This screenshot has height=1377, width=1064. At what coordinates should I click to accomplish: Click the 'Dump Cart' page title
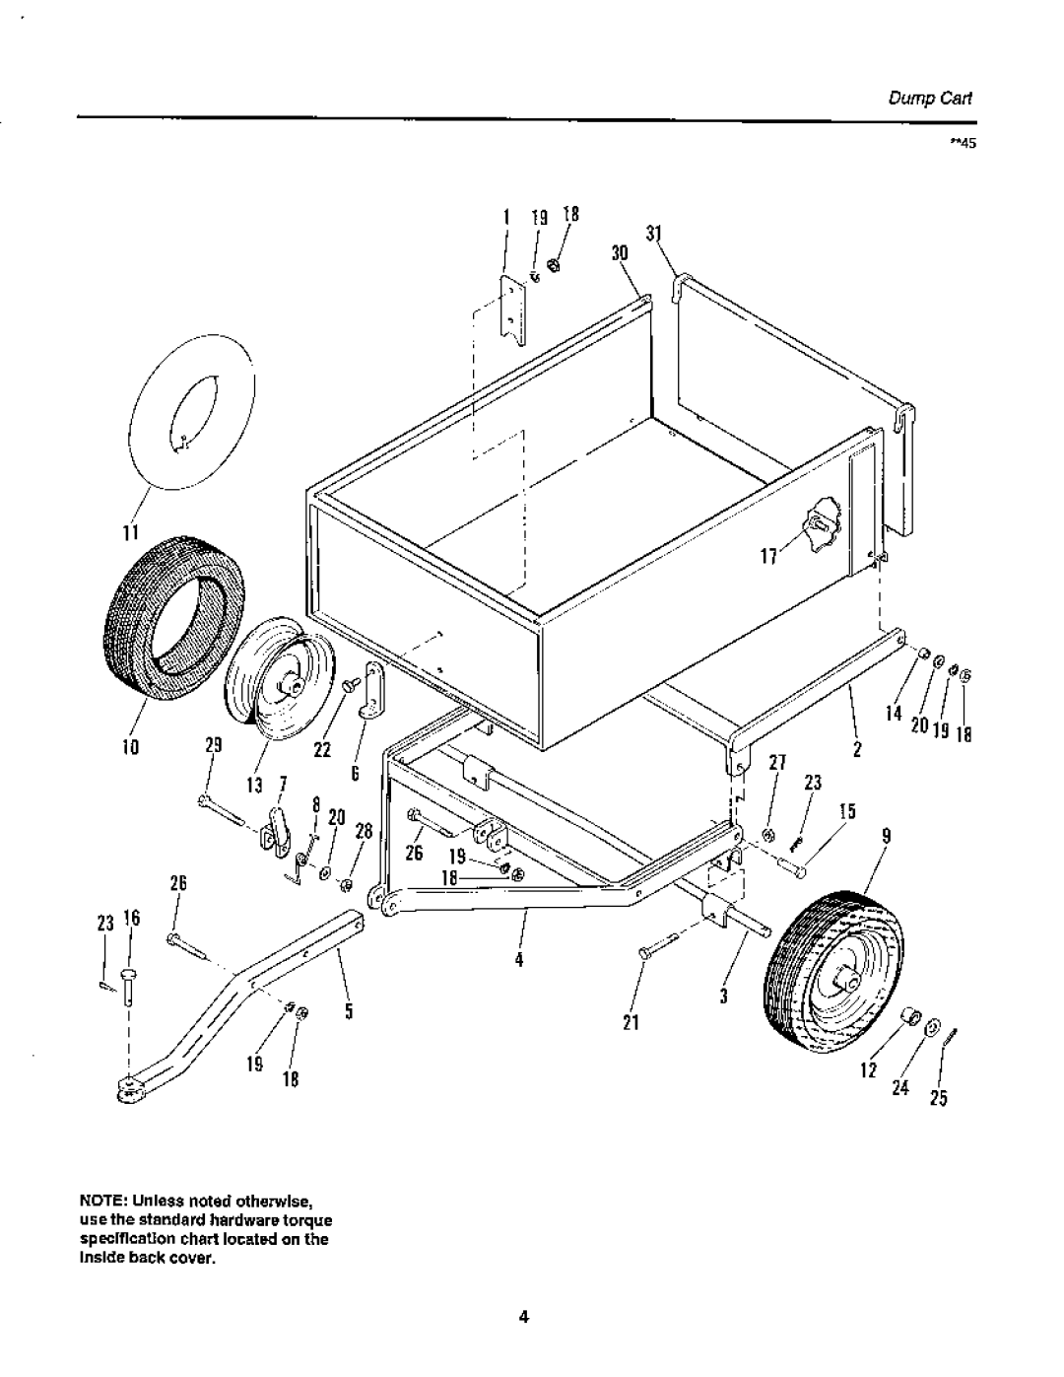click(x=945, y=99)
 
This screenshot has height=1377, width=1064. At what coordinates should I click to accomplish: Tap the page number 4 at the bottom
click(x=525, y=1317)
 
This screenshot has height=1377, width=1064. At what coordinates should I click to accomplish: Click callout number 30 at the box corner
click(x=619, y=252)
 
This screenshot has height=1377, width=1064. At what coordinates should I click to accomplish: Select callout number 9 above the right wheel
click(x=886, y=836)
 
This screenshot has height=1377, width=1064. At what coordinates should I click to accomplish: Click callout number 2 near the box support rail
click(x=858, y=749)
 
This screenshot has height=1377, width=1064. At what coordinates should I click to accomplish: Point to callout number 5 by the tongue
click(x=350, y=1011)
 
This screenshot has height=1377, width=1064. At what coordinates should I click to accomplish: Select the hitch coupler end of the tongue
click(x=130, y=1088)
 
